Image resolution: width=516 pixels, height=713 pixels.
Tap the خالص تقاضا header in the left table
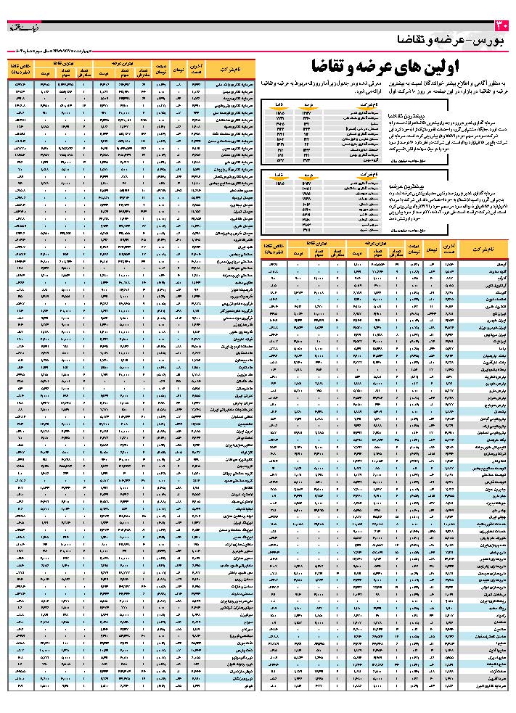click(x=19, y=69)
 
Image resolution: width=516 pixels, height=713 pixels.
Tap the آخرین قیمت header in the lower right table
click(x=450, y=247)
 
